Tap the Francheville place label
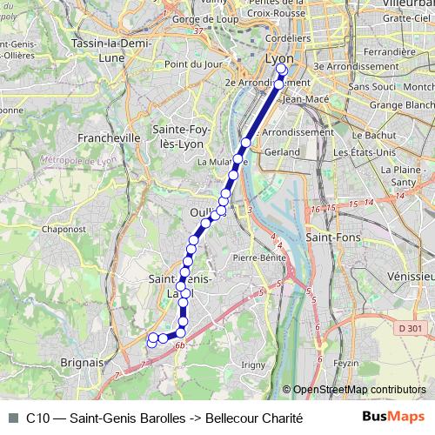[109, 137]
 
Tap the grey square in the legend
[13, 418]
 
